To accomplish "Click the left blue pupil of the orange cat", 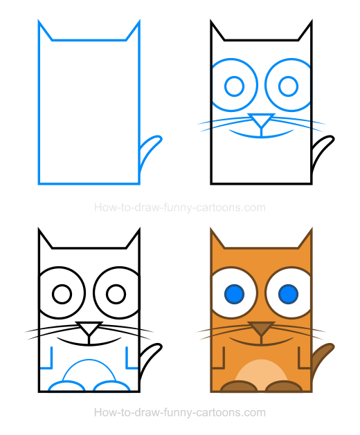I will [235, 295].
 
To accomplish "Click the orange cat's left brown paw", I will [236, 387].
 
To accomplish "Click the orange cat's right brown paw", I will [282, 387].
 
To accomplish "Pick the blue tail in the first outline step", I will [149, 151].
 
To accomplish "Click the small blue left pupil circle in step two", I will [235, 86].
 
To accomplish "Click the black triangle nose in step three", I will [89, 329].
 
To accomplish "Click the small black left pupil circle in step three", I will [62, 295].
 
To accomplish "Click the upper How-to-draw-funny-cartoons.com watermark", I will [179, 207].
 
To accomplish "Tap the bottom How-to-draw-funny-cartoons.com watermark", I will [179, 413].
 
